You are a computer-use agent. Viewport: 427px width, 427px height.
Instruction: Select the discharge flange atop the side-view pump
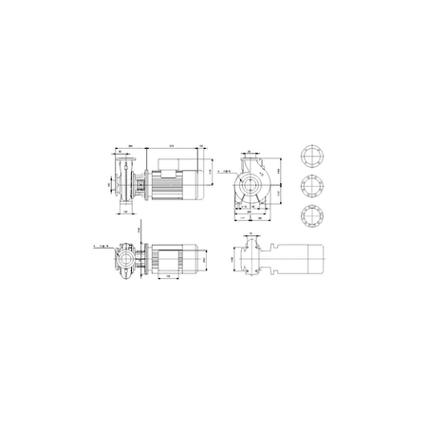click(x=123, y=162)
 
